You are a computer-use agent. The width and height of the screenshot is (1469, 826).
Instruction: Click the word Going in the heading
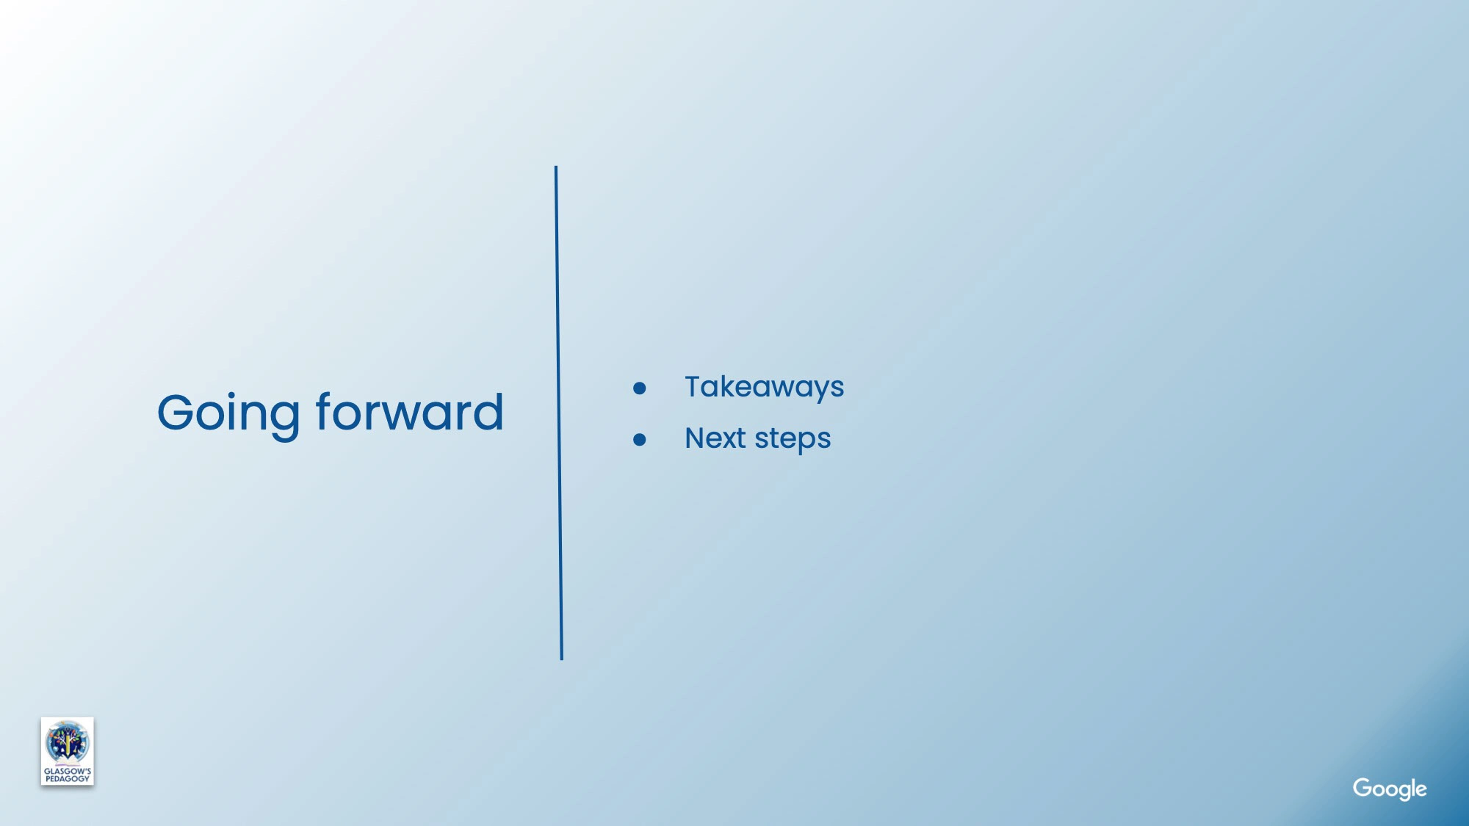tap(228, 414)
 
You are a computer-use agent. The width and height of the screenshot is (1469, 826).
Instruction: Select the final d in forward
tap(486, 411)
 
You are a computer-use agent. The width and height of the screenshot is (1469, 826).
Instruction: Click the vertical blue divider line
tap(559, 413)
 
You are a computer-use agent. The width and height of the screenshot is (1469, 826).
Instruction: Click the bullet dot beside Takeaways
tap(640, 388)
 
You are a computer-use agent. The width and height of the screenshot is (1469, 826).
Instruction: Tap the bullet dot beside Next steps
tap(640, 439)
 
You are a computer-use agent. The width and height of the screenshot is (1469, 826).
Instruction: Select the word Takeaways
tap(764, 387)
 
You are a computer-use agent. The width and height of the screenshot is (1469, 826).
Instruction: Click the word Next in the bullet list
tap(715, 438)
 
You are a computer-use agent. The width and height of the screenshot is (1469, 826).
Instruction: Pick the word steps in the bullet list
tap(793, 440)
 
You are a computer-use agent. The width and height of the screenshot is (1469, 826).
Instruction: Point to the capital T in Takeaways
tap(695, 386)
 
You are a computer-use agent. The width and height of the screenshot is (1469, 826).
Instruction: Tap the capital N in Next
tap(696, 438)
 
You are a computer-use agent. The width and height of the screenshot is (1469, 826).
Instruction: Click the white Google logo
tap(1390, 789)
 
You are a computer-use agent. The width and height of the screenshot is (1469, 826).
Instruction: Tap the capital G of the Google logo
tap(1363, 787)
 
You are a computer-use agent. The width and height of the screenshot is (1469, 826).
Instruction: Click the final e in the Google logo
tap(1421, 790)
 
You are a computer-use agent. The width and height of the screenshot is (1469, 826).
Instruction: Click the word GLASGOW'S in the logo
tap(68, 771)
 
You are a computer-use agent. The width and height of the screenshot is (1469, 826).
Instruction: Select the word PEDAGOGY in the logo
tap(68, 779)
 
